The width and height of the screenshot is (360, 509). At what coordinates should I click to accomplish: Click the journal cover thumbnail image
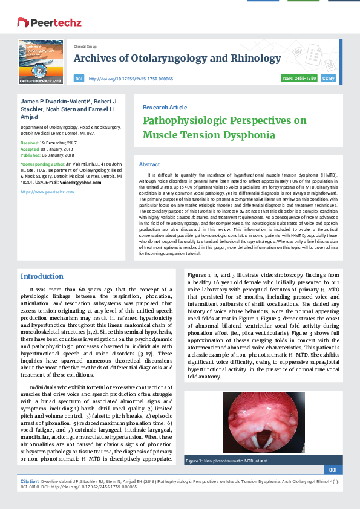click(41, 61)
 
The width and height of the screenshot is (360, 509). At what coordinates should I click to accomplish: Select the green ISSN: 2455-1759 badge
click(299, 79)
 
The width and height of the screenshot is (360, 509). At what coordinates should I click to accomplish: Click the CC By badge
click(329, 79)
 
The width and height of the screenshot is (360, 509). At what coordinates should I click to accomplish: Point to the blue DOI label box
click(79, 79)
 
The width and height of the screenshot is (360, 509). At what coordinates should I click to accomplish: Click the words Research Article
click(165, 107)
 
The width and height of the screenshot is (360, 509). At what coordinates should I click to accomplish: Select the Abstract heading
click(149, 164)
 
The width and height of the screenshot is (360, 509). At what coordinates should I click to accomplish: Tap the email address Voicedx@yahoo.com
click(80, 183)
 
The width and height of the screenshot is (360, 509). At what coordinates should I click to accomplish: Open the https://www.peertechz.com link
click(47, 192)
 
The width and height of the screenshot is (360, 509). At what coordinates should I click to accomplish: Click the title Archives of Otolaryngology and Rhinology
click(172, 59)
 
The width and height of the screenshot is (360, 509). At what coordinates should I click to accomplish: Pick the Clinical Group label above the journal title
click(85, 46)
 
